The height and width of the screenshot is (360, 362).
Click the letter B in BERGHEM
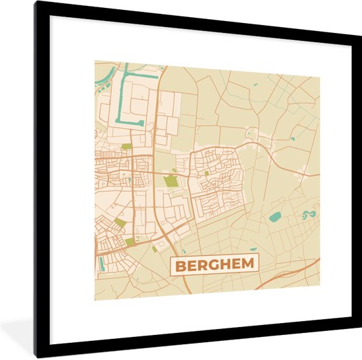tap(180, 266)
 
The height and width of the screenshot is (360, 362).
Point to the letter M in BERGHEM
tap(249, 266)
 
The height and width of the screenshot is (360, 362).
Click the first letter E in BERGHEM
tap(190, 266)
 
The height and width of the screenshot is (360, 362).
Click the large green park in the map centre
tap(170, 180)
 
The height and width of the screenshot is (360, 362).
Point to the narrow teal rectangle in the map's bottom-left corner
tap(101, 264)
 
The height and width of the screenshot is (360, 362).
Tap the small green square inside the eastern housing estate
tap(206, 173)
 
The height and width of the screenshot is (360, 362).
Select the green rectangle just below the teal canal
tap(126, 146)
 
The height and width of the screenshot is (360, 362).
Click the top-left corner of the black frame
tap(37, 3)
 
